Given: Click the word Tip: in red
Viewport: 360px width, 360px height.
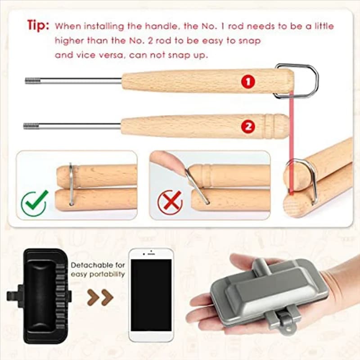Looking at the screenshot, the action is coord(38,25).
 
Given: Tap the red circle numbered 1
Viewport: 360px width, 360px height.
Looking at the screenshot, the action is coord(248,81).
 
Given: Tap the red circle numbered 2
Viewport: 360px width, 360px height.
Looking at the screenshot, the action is coord(248,126).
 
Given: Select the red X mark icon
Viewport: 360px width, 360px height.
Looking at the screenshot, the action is coord(170,202).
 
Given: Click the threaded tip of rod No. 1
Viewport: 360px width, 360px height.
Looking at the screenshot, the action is coord(32,81).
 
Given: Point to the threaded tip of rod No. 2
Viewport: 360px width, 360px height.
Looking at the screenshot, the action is coord(31,126).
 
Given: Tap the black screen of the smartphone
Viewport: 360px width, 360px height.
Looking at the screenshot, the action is coord(151,295).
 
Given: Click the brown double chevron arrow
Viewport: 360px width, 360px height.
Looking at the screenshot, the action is coord(100,297).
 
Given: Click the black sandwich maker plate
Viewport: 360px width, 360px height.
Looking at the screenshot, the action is coord(39,296).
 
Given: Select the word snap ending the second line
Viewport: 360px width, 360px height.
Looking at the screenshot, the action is coord(250,41).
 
